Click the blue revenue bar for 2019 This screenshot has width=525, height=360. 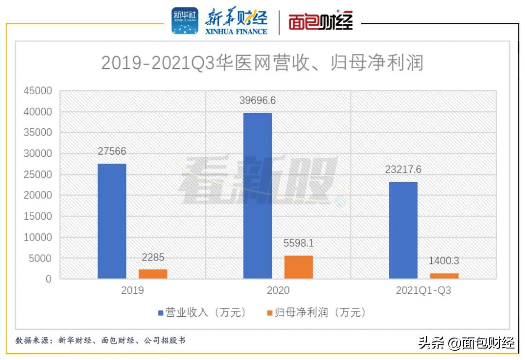112,221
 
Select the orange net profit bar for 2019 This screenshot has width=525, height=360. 153,274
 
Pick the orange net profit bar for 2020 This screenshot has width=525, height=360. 298,267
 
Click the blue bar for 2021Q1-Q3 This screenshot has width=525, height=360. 403,230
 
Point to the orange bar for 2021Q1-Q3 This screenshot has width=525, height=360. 444,276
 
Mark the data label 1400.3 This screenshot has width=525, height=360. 443,261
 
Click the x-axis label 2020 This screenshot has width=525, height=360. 278,291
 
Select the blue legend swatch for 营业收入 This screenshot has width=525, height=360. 160,312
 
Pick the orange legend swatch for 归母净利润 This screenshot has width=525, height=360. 269,312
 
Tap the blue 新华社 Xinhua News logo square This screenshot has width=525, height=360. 185,21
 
